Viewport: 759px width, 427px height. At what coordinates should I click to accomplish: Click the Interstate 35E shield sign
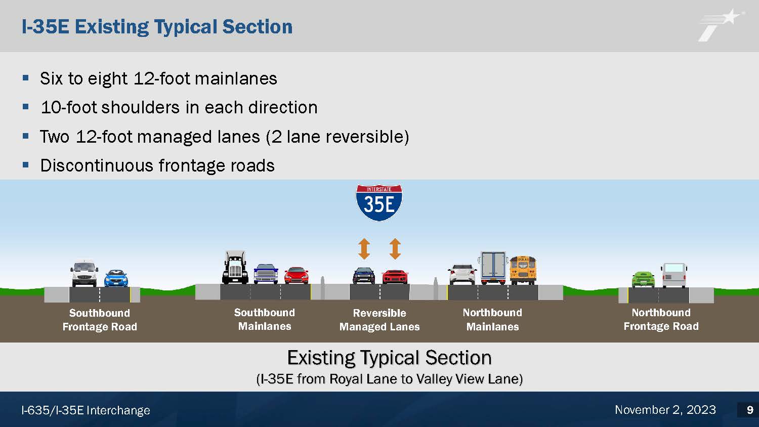point(379,203)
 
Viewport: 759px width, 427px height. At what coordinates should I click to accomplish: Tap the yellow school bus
point(523,270)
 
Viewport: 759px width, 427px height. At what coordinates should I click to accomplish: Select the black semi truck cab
point(235,268)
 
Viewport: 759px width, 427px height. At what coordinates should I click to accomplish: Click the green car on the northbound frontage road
point(643,280)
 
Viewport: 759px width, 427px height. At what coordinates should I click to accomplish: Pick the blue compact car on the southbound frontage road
point(116,278)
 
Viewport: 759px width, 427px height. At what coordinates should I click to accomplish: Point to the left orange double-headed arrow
point(364,249)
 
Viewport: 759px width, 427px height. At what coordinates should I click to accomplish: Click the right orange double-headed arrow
point(395,249)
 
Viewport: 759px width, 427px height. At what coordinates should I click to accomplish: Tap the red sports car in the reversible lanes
point(395,277)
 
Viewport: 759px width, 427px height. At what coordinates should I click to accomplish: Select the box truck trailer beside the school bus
point(493,268)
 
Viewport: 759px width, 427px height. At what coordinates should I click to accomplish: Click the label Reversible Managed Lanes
point(379,320)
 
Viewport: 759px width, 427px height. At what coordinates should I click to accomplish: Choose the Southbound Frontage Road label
point(100,320)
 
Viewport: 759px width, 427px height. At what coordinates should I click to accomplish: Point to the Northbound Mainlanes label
point(492,320)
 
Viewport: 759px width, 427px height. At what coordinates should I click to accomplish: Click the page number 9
point(750,410)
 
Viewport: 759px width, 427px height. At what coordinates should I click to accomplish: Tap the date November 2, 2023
point(665,410)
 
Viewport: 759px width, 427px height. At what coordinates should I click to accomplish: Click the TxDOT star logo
point(720,25)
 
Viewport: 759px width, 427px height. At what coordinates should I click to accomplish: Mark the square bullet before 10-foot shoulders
point(25,107)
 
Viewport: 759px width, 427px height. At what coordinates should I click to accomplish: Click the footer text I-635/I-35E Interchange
point(86,410)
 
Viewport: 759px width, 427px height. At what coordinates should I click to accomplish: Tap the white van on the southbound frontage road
point(85,274)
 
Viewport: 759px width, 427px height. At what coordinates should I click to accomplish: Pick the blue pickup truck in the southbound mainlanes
point(266,274)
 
